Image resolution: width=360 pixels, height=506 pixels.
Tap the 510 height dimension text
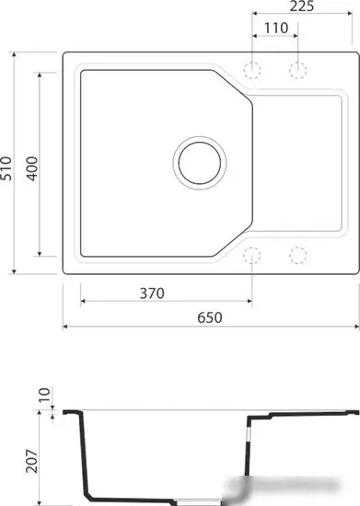click(7, 167)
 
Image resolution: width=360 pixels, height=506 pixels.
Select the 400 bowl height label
click(31, 167)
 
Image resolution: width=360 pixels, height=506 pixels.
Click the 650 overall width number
click(209, 317)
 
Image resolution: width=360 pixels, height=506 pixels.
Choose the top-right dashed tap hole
click(297, 70)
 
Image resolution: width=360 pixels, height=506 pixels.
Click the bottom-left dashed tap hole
click(253, 255)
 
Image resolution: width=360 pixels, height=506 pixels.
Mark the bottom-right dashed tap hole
click(297, 255)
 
